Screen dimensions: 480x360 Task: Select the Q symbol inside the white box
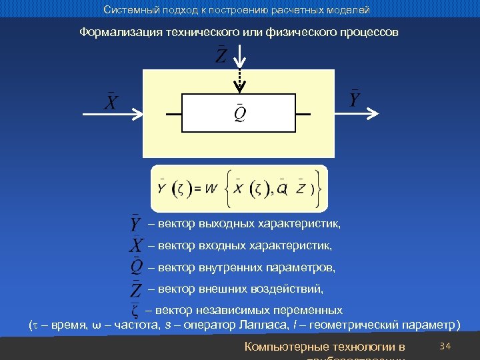[239, 115]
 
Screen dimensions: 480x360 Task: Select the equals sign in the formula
[198, 189]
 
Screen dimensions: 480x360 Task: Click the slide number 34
[446, 346]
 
